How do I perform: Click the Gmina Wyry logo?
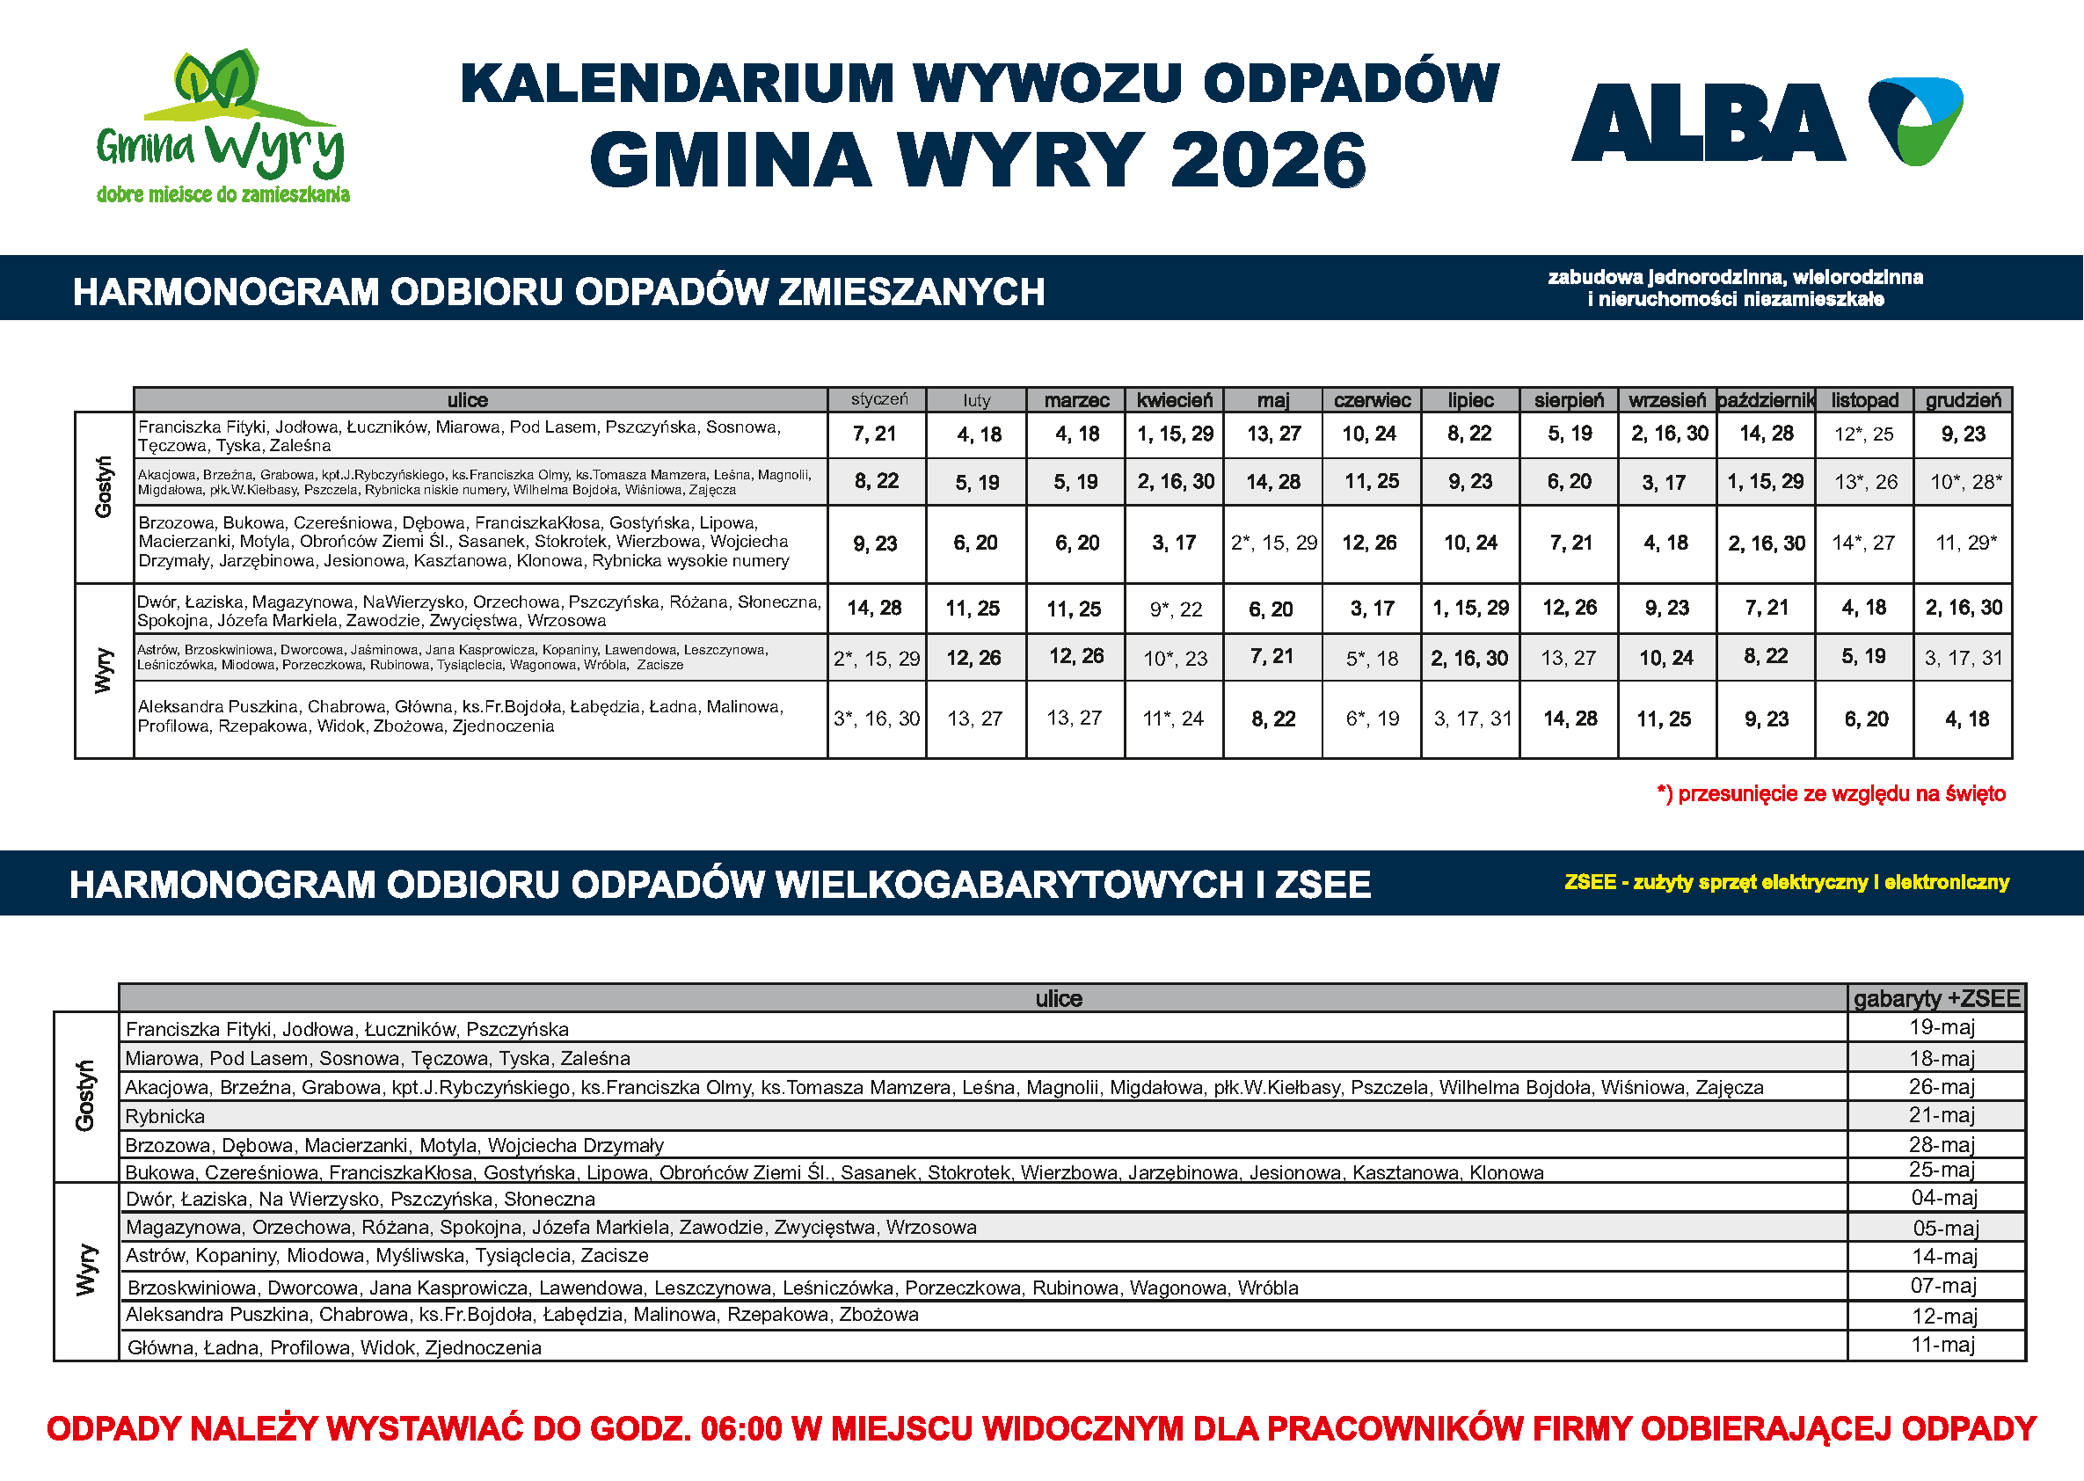click(x=222, y=126)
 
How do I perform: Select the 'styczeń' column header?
click(x=878, y=399)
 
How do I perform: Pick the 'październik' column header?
click(x=1766, y=400)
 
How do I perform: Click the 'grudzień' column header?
click(x=1963, y=400)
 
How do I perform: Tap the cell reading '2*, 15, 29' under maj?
click(x=1273, y=543)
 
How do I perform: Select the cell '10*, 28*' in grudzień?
click(x=1964, y=482)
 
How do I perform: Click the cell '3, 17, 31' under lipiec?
click(x=1471, y=719)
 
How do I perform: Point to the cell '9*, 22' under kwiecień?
click(x=1175, y=609)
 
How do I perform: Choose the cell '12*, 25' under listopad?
click(x=1863, y=434)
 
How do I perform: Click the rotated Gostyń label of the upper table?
click(x=104, y=487)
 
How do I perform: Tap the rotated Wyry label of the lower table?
click(x=85, y=1269)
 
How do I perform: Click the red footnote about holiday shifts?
click(x=1831, y=793)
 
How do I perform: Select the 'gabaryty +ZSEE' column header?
click(x=1936, y=998)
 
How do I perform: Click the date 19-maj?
click(x=1942, y=1028)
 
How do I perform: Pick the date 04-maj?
click(x=1943, y=1199)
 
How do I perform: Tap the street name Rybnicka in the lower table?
click(x=165, y=1116)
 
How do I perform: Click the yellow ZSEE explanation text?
click(x=1786, y=882)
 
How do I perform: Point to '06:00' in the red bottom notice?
click(x=741, y=1429)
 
